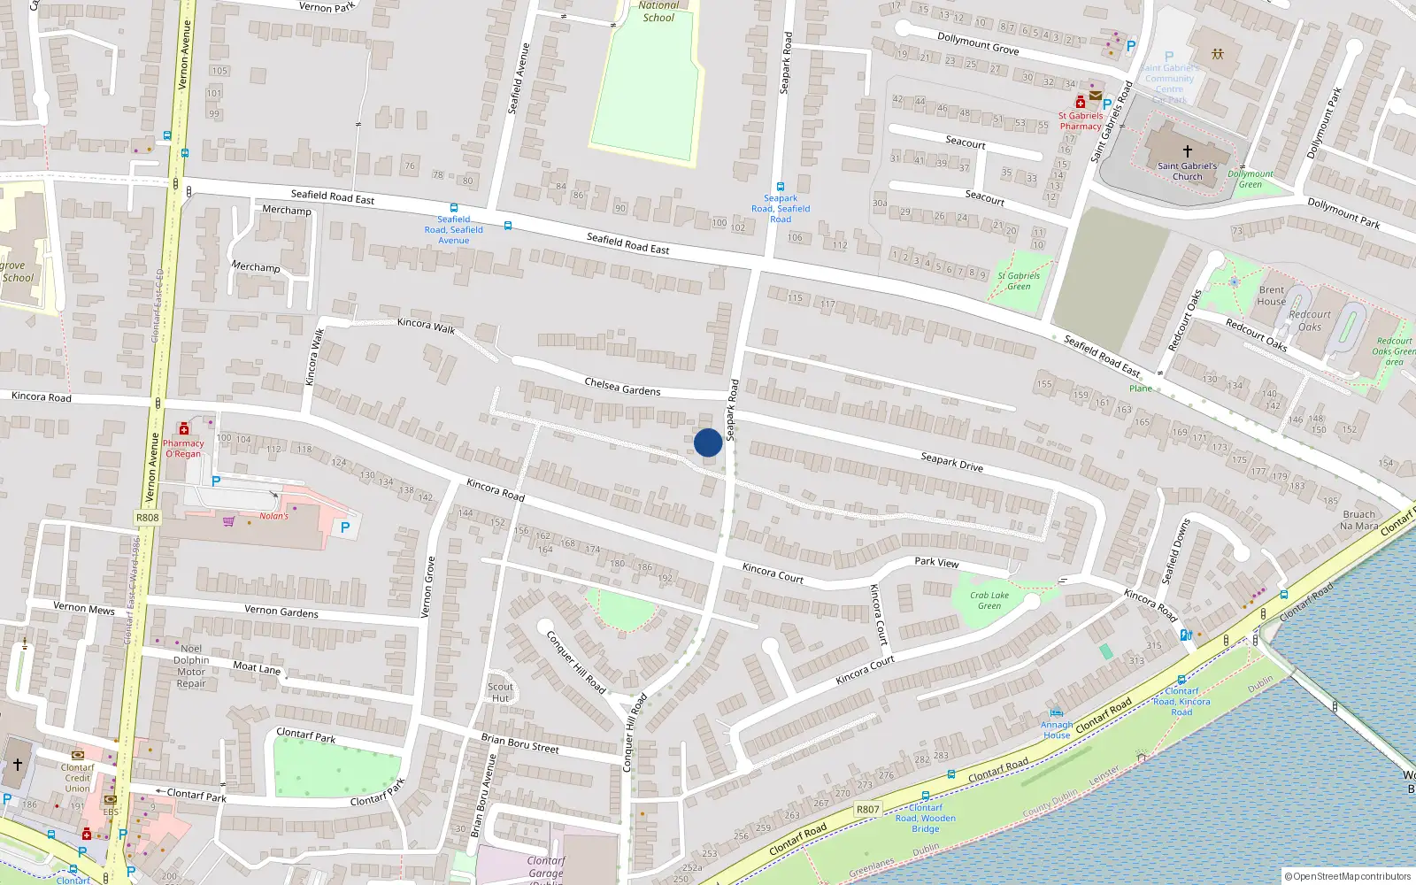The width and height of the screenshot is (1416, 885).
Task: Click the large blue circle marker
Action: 708,442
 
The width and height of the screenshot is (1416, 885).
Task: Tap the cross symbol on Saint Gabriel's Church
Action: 1188,151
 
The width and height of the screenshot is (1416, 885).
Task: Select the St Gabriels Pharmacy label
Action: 1081,121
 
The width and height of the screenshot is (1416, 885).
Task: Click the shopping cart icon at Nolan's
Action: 229,521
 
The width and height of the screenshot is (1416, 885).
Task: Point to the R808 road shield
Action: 148,518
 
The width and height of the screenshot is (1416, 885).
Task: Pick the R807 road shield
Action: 867,809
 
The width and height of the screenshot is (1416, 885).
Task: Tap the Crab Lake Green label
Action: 989,601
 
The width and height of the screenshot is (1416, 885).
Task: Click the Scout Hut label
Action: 500,692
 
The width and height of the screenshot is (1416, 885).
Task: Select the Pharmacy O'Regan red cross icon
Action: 184,429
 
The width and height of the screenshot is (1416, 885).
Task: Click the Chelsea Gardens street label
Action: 622,387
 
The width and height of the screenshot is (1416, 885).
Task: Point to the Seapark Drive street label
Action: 951,461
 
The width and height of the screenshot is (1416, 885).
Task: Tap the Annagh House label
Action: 1057,730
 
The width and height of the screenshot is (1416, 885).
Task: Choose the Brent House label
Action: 1272,296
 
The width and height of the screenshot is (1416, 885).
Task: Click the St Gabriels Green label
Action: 1019,281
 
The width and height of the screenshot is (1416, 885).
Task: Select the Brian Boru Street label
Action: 519,743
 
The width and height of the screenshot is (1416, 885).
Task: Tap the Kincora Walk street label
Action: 426,326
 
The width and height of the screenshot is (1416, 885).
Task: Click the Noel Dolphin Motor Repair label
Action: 191,666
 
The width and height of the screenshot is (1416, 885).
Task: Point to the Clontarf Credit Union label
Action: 78,778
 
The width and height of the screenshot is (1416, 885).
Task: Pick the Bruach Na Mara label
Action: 1359,520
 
